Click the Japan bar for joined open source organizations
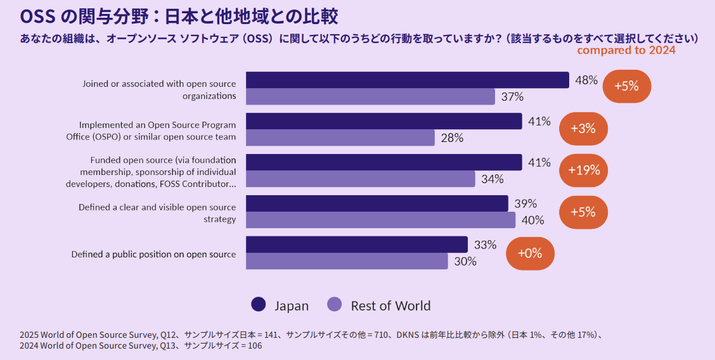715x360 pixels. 407,80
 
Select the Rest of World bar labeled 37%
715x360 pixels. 370,96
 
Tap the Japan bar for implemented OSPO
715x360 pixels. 383,121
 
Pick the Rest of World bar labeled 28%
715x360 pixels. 340,138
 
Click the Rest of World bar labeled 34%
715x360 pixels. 360,179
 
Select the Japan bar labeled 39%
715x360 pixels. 377,203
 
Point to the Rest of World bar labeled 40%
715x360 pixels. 380,220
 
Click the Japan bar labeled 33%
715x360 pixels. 356,245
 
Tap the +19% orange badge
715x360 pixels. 583,170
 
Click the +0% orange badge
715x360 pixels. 530,253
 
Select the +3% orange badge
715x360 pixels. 583,129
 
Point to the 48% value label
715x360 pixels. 586,80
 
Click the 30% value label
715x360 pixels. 465,261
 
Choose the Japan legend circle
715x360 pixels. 259,305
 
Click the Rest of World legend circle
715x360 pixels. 335,305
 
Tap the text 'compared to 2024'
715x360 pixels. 626,50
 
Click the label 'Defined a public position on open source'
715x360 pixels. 153,254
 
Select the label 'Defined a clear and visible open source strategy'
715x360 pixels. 157,213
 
